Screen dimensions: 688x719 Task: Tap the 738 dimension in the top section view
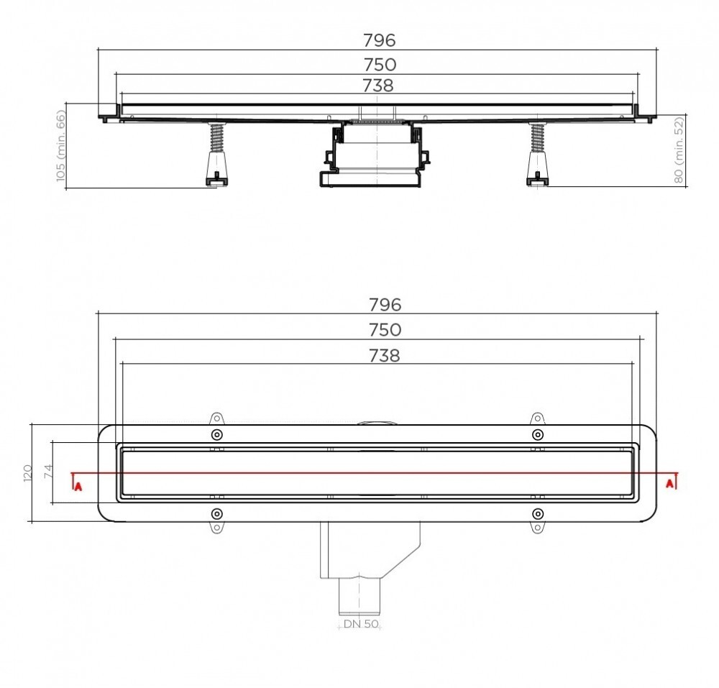[x=378, y=86]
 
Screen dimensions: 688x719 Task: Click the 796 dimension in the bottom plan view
[x=385, y=305]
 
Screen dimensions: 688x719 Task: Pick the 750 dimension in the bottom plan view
[x=385, y=330]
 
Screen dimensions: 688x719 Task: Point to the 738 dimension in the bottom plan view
[x=385, y=355]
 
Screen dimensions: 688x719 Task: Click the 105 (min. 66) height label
[x=61, y=146]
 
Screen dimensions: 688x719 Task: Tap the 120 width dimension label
[x=28, y=472]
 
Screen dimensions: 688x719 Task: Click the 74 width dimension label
[x=48, y=472]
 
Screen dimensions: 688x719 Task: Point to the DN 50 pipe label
[x=360, y=624]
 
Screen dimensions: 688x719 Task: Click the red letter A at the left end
[x=78, y=486]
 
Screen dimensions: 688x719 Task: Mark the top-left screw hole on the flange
[x=217, y=435]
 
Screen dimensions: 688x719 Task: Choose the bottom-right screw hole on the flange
[x=537, y=513]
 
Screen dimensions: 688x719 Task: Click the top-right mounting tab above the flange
[x=536, y=418]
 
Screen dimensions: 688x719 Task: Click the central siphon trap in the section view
[x=375, y=155]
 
